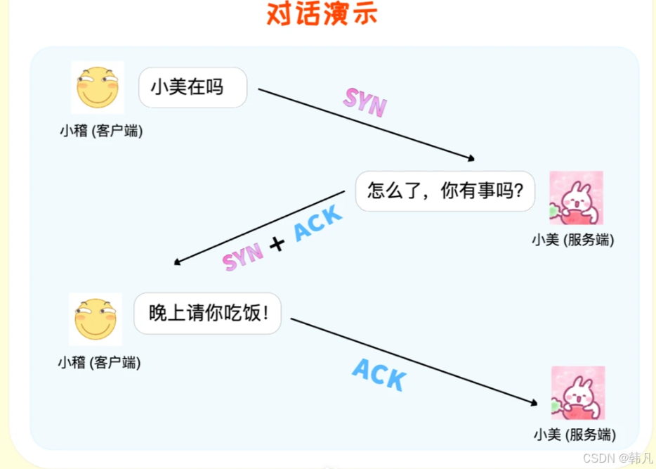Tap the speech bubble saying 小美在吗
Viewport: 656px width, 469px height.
[192, 87]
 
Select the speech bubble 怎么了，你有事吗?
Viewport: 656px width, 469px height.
[445, 191]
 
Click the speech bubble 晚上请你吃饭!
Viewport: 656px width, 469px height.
[208, 313]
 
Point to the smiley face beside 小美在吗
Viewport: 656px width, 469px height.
[98, 88]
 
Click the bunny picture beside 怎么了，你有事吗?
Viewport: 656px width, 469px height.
[576, 198]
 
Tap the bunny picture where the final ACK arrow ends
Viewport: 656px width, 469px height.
[577, 393]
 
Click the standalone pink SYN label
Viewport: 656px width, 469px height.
[365, 103]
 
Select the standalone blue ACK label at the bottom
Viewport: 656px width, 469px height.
[379, 375]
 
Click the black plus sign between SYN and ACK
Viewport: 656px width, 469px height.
[278, 244]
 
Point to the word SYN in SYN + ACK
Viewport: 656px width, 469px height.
[243, 258]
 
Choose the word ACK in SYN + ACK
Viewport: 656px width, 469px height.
[317, 223]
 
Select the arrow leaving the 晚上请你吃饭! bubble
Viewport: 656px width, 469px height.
[414, 361]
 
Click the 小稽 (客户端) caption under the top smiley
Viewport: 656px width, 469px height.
[101, 131]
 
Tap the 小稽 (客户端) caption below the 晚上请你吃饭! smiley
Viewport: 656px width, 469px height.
[99, 363]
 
